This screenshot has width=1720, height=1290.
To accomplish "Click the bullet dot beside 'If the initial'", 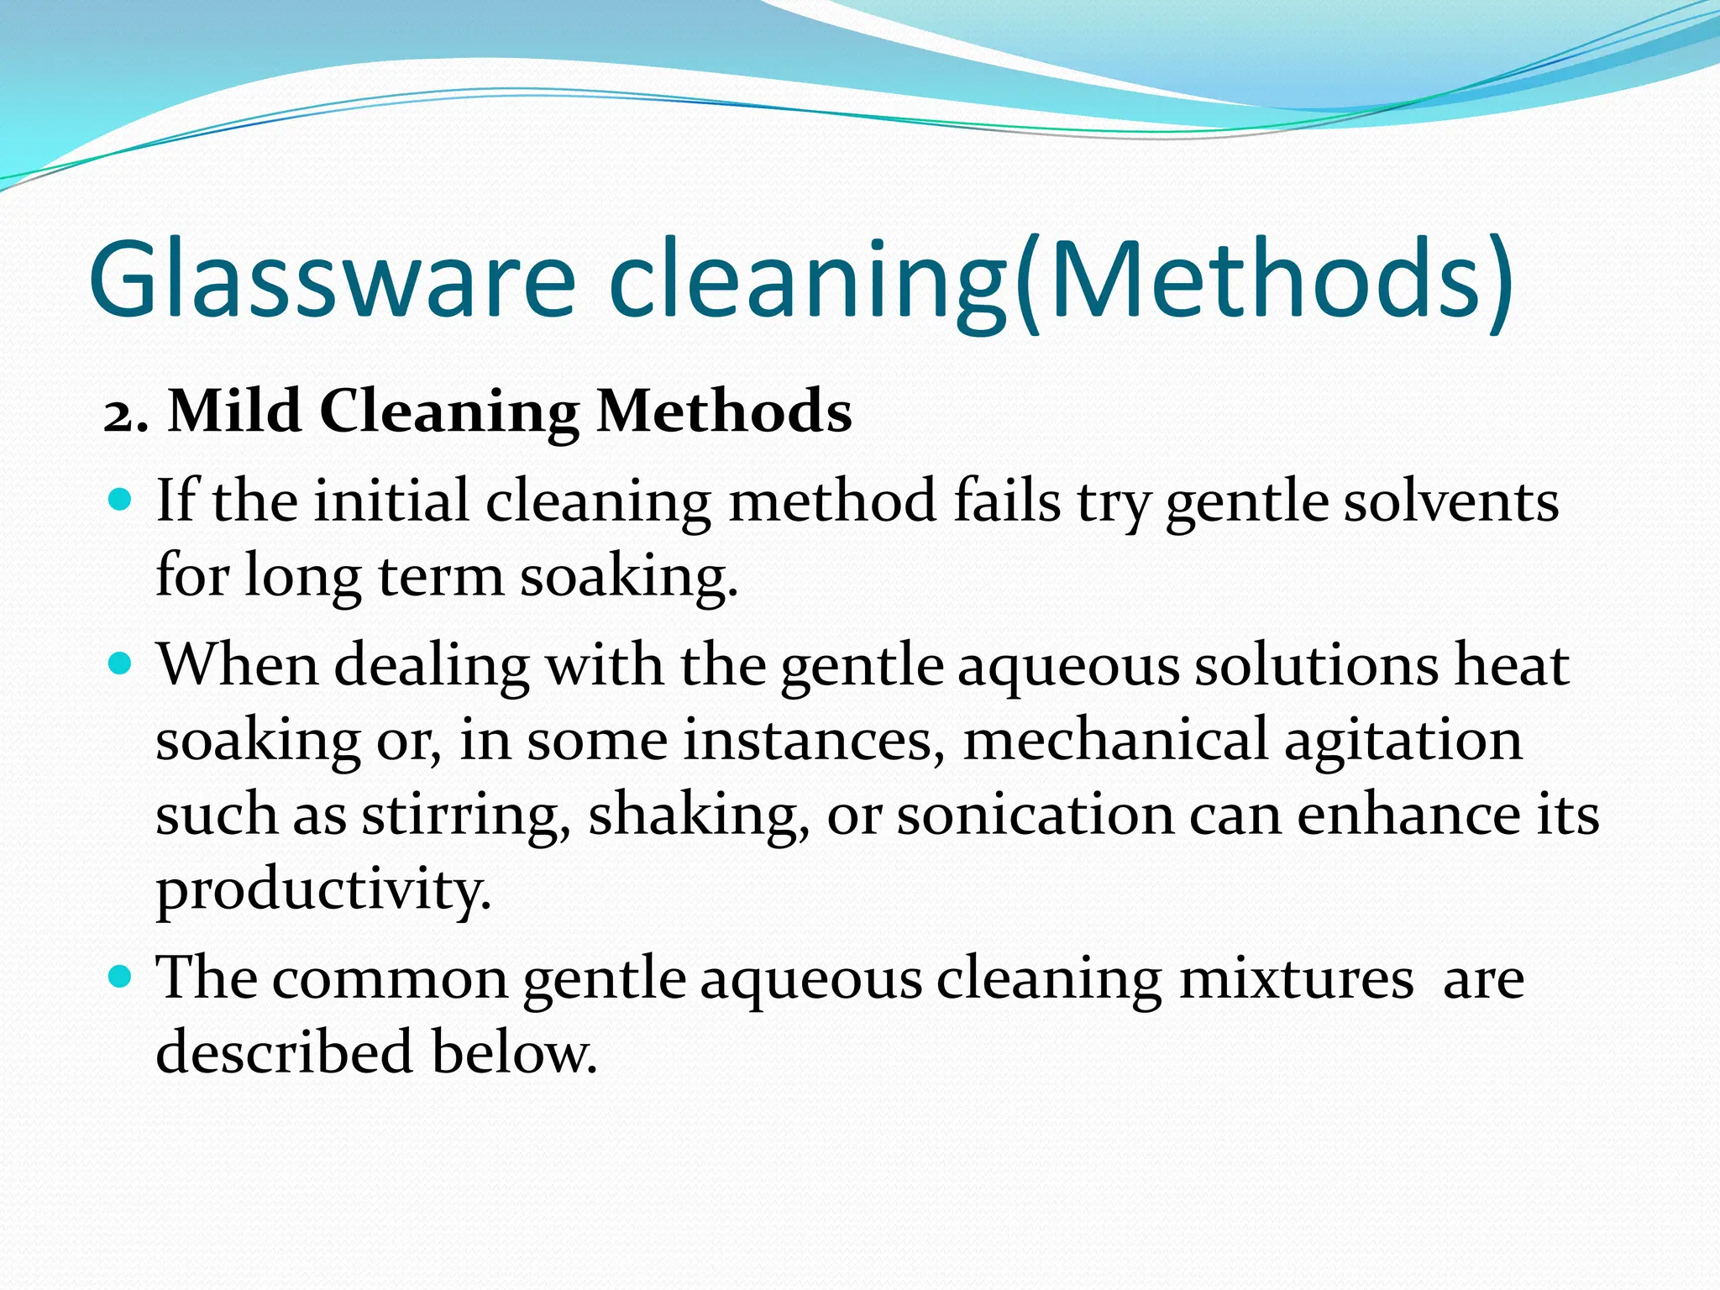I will click(122, 501).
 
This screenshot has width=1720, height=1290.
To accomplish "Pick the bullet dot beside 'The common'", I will click(122, 977).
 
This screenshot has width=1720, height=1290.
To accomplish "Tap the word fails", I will click(1007, 502).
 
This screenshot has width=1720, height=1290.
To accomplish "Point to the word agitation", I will click(1403, 742).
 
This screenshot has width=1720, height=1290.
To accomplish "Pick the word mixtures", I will click(1297, 978).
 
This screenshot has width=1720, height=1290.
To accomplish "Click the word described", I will click(285, 1052).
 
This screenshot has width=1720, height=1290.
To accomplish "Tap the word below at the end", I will click(514, 1052).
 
